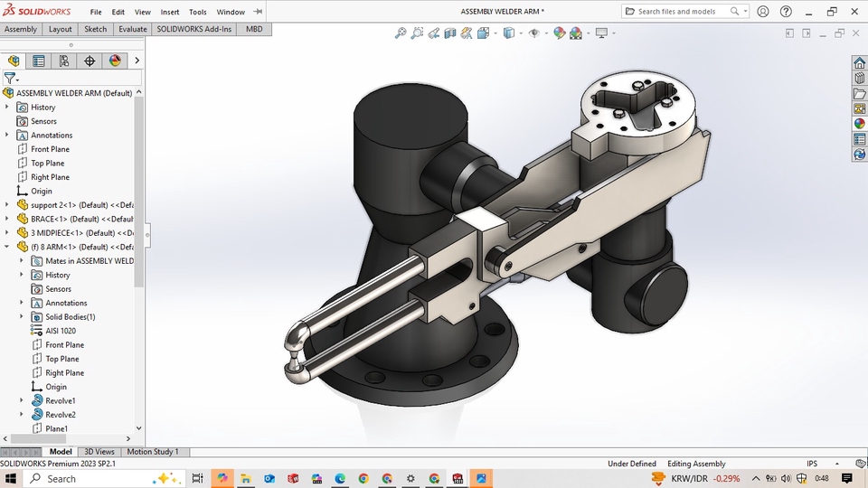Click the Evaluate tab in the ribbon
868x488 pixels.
[132, 29]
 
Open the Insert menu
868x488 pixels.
[170, 12]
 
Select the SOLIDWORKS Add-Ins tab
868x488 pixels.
[193, 29]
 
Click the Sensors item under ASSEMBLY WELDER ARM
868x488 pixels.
[43, 121]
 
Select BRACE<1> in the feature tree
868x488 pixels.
[81, 219]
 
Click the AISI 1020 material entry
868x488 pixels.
[61, 331]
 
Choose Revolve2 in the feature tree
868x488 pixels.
[61, 415]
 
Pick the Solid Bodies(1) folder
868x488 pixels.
[70, 317]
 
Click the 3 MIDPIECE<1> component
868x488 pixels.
[81, 233]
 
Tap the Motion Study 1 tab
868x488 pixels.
[152, 452]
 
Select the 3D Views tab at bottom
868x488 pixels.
[99, 452]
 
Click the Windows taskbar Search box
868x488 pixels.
[99, 478]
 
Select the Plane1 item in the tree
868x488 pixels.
[56, 428]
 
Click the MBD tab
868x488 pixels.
[254, 29]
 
